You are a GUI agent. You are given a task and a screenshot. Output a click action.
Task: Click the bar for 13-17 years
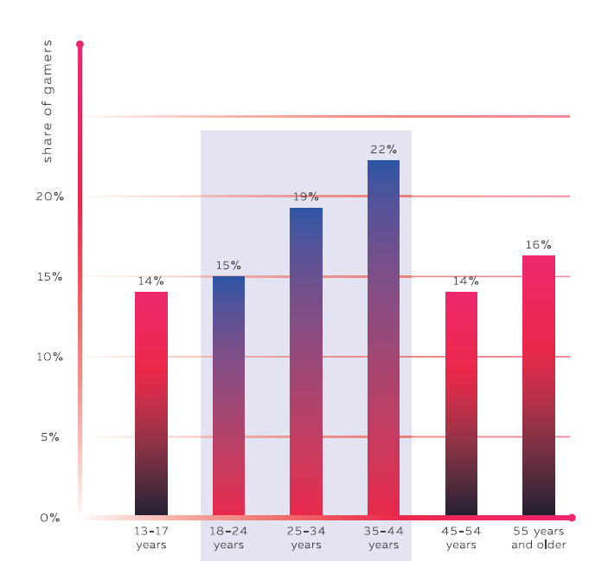(151, 403)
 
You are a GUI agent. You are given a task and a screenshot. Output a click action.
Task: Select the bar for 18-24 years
(228, 396)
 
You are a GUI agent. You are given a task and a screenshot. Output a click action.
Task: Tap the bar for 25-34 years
(306, 362)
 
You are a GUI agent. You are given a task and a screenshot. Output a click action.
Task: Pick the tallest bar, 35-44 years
(383, 338)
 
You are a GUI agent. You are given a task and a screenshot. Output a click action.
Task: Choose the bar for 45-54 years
(461, 403)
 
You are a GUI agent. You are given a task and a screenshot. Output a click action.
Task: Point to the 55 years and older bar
(539, 385)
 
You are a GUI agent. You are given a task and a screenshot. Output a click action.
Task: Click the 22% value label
(383, 149)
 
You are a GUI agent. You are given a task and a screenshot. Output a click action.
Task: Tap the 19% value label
(306, 197)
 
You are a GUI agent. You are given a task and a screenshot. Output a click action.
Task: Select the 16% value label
(539, 245)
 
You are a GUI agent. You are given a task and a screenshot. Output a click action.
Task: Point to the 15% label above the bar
(228, 266)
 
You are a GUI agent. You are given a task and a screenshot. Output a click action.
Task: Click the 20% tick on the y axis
(50, 197)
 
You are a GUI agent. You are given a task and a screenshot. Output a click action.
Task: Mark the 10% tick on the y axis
(50, 357)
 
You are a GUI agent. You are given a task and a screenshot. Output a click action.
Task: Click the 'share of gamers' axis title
(48, 101)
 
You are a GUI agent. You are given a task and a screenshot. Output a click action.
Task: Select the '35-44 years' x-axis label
(383, 538)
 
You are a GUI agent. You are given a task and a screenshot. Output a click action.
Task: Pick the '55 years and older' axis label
(539, 538)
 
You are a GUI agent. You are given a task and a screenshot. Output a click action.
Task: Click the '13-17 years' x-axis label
(151, 538)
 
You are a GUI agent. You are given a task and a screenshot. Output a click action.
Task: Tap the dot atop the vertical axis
(80, 43)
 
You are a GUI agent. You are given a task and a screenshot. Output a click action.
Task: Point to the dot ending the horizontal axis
(572, 518)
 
